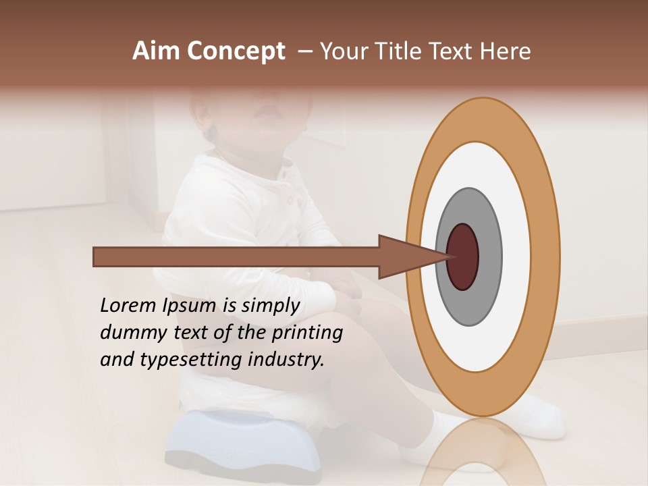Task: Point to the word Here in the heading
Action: click(x=506, y=51)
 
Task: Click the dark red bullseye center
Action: click(x=462, y=256)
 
